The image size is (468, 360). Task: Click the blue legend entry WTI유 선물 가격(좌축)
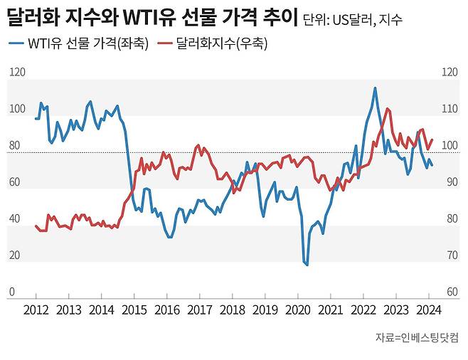coord(79,44)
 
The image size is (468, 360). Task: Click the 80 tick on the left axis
coord(14,146)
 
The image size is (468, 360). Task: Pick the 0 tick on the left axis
coord(11,292)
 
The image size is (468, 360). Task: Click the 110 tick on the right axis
coord(449,110)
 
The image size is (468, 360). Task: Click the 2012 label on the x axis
coord(36,309)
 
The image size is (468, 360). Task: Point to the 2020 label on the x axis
coord(298,309)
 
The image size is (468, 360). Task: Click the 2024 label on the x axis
coord(429,309)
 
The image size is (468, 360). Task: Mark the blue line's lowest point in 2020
coord(307,265)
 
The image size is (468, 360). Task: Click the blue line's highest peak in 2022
coord(375,88)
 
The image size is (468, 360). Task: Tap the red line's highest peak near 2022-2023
coord(387,109)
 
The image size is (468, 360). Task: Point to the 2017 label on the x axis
coord(199,309)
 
